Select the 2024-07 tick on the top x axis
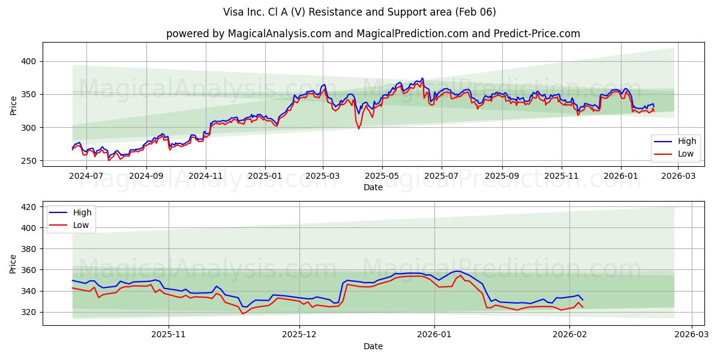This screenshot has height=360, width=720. click(x=86, y=176)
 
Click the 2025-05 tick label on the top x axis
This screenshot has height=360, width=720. click(x=382, y=176)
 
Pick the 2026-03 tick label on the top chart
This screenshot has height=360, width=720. click(x=677, y=176)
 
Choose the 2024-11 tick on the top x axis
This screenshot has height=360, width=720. click(x=205, y=176)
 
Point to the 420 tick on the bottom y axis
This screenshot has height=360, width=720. click(x=29, y=207)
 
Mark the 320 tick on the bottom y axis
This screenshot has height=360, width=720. click(x=29, y=312)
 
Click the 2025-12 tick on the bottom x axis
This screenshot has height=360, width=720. click(x=299, y=334)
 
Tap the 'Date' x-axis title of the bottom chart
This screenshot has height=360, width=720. click(x=373, y=346)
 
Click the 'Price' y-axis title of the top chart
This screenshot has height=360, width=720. click(x=13, y=105)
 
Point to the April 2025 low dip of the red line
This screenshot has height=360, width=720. click(x=359, y=128)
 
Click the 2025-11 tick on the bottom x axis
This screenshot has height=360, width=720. click(x=168, y=334)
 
